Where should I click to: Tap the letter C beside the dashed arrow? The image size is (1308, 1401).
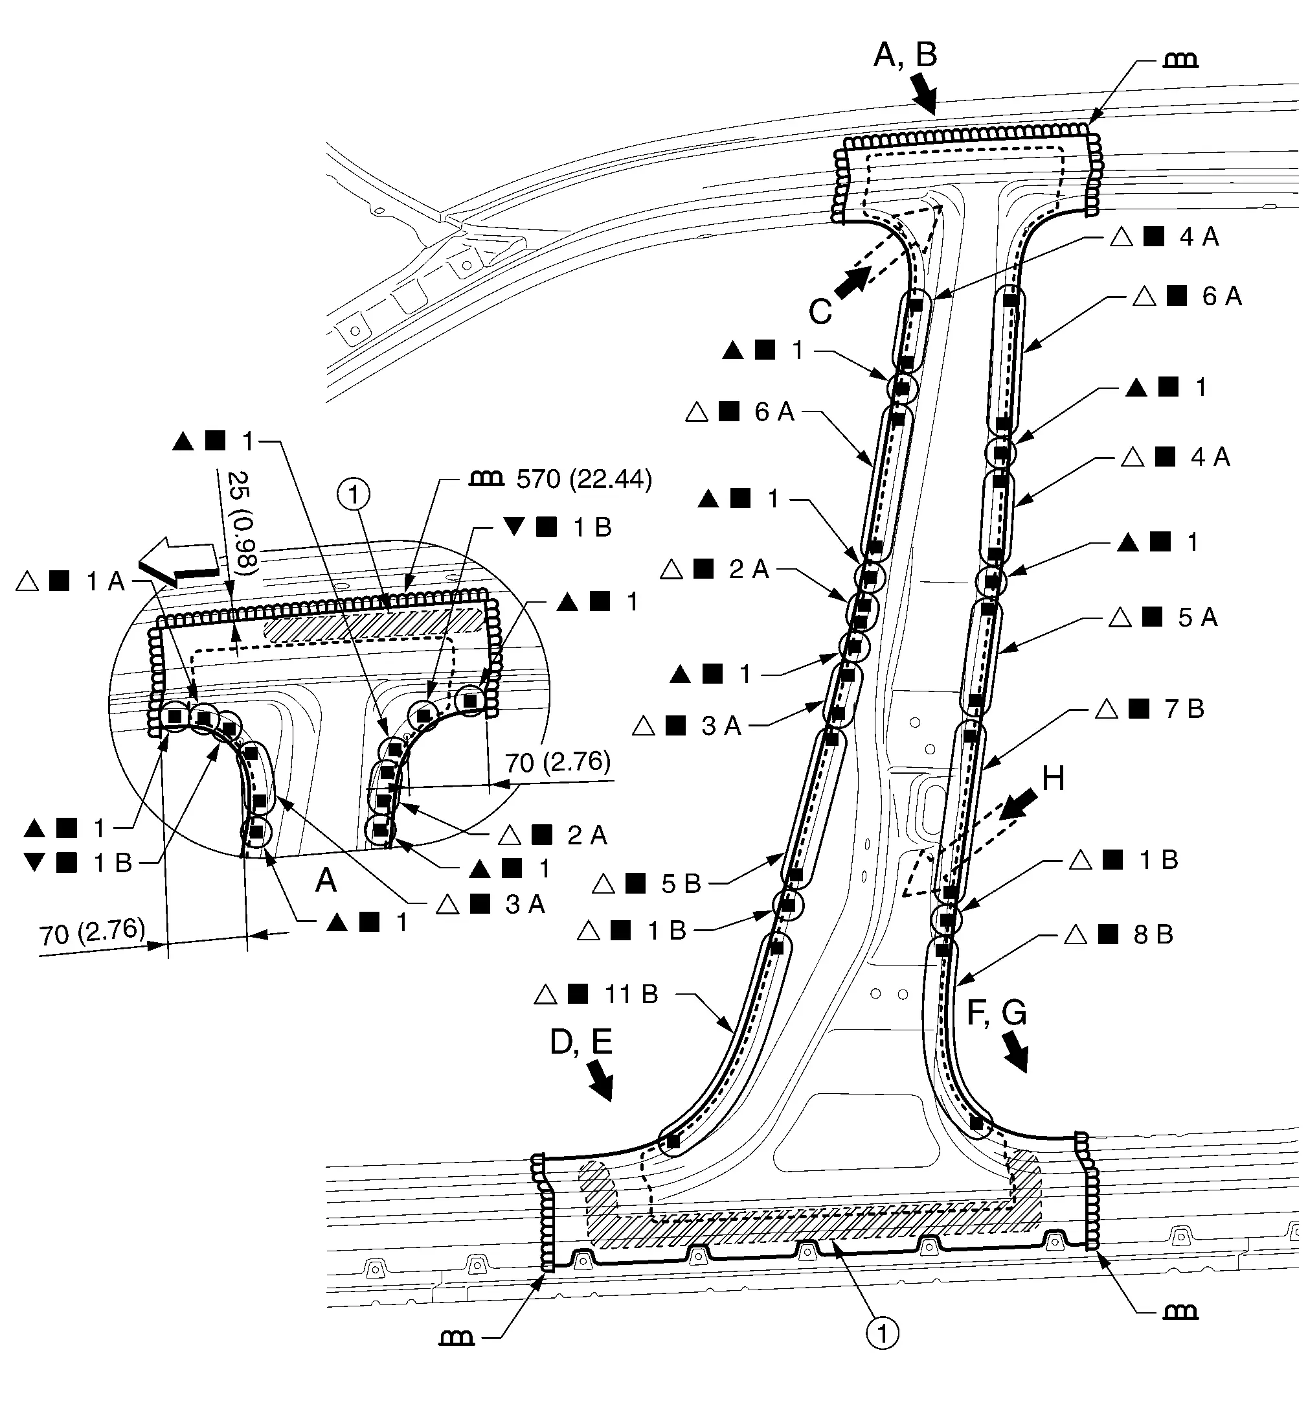click(x=820, y=311)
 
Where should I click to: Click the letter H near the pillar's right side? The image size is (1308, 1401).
click(x=1052, y=779)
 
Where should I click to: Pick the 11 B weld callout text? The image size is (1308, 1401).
click(x=631, y=994)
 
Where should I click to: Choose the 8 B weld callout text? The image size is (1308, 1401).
click(x=1153, y=934)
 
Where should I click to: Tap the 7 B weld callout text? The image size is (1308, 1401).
click(x=1184, y=708)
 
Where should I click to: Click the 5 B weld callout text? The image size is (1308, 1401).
click(x=681, y=884)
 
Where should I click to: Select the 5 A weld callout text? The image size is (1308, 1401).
click(x=1197, y=618)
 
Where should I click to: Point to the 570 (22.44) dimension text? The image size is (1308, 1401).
click(x=584, y=480)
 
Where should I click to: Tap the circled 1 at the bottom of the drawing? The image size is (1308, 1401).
click(x=882, y=1334)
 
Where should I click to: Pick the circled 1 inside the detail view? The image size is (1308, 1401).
click(x=354, y=494)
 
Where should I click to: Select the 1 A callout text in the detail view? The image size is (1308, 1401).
click(x=105, y=581)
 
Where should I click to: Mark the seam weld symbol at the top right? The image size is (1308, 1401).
click(x=1180, y=62)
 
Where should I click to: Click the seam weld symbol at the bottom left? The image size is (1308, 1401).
click(x=457, y=1337)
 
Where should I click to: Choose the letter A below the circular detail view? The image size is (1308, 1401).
click(x=326, y=880)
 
